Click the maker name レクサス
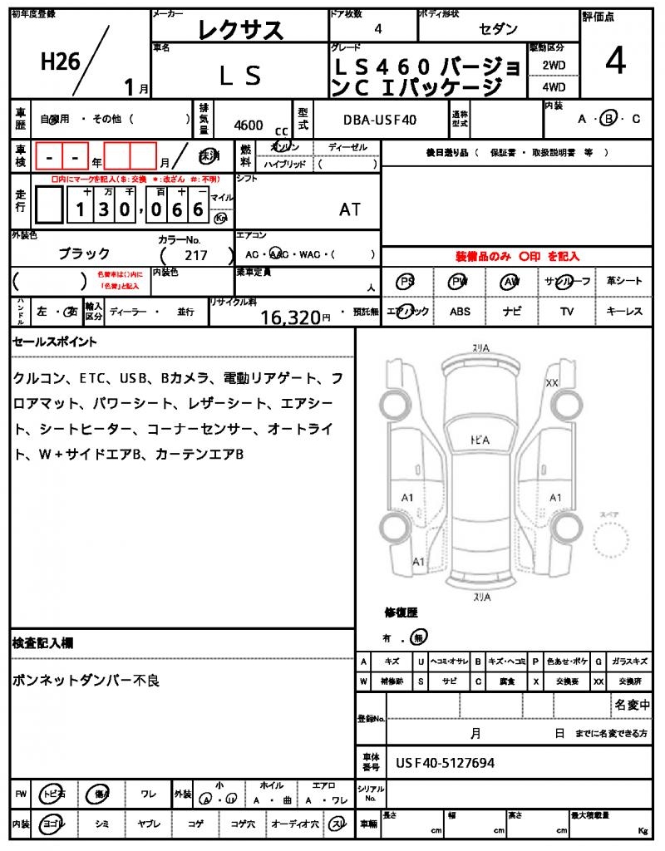(x=241, y=30)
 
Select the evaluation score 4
(x=616, y=63)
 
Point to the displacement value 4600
(x=249, y=125)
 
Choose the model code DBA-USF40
(x=380, y=121)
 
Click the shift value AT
(x=350, y=209)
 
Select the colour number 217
(x=197, y=255)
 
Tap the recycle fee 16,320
(x=290, y=317)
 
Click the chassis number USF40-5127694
(x=445, y=762)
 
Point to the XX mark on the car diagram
(x=551, y=383)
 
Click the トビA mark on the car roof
(x=479, y=439)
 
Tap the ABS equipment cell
(x=460, y=312)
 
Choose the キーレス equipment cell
(x=623, y=312)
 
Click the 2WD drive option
(x=554, y=65)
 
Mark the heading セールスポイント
(x=55, y=342)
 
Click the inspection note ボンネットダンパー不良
(x=86, y=681)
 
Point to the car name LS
(x=241, y=76)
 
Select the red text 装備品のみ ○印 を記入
(x=517, y=257)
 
